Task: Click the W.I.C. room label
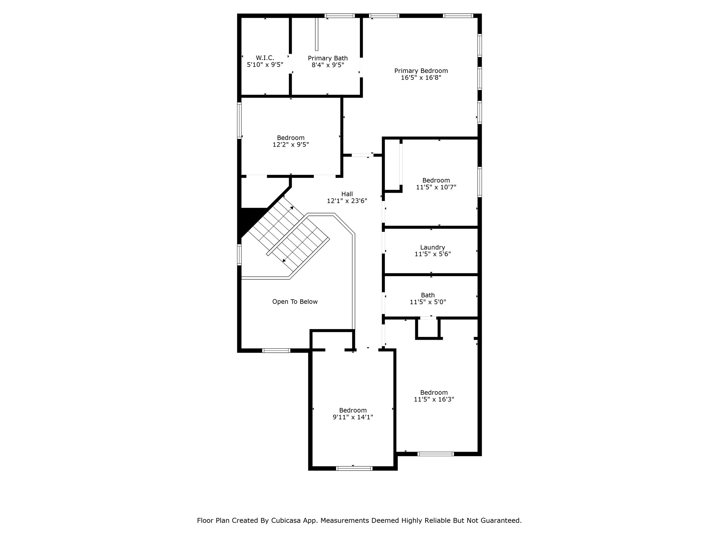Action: (265, 58)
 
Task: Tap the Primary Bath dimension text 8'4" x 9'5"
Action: (328, 65)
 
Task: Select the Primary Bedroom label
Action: (421, 71)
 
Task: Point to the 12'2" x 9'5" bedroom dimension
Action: (290, 145)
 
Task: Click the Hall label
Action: (347, 194)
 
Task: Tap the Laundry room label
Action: (432, 247)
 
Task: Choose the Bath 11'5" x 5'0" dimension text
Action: (428, 302)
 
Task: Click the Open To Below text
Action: (295, 302)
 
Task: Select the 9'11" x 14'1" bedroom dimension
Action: (352, 417)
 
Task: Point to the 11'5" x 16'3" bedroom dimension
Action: (434, 399)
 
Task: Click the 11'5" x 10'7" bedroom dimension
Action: (436, 187)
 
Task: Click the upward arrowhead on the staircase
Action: (291, 208)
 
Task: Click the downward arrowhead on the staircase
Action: (284, 260)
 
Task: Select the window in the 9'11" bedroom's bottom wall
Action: (354, 468)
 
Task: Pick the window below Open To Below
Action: (276, 350)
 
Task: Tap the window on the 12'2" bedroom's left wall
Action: (239, 120)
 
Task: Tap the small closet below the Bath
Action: (428, 328)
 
